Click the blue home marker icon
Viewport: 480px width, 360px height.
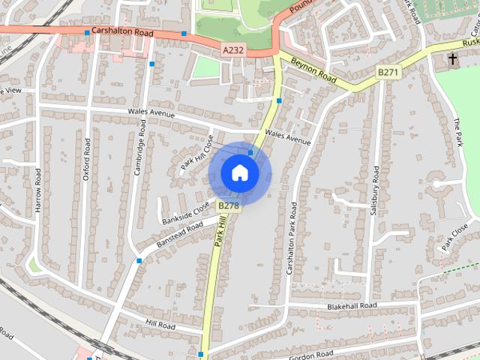point(239,172)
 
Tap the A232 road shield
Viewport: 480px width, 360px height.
point(233,49)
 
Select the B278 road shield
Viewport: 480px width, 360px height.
point(228,205)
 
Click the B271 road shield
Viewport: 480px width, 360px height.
point(388,72)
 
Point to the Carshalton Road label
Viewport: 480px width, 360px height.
point(121,33)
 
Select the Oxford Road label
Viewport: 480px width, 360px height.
point(87,159)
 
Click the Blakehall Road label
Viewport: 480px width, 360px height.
point(351,307)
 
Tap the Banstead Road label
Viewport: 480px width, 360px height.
point(179,235)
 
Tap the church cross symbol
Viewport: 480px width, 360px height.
point(453,58)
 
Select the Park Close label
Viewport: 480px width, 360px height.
point(455,235)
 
